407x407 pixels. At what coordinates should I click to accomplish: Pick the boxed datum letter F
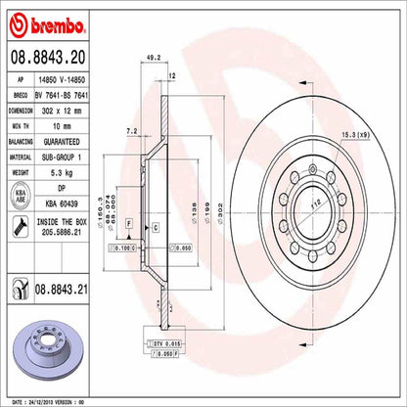pyautogui.click(x=128, y=223)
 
